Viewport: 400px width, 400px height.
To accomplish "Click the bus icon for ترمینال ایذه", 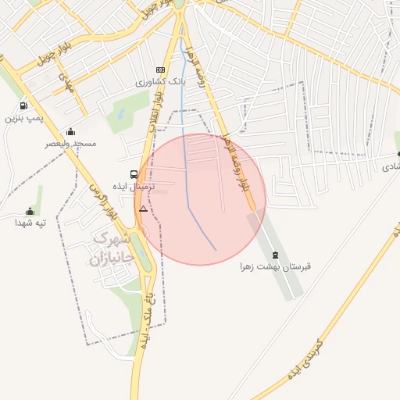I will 134,174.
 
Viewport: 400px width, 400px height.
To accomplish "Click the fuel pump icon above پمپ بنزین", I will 23,106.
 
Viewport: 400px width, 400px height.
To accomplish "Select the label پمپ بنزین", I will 22,119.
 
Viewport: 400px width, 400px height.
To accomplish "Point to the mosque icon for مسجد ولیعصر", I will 71,131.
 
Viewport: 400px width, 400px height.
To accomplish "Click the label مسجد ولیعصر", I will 70,144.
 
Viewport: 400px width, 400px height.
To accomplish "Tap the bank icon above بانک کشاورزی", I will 161,69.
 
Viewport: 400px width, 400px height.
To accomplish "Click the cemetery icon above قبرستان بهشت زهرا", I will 275,255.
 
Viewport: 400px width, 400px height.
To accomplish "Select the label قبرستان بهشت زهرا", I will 275,267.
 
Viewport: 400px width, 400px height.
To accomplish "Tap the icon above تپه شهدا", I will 30,211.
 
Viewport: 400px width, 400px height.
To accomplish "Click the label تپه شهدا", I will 30,223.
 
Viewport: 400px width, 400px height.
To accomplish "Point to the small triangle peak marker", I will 142,209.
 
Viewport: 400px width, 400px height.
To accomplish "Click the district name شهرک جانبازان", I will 108,249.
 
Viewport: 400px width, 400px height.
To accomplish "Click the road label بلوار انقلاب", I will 156,105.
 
